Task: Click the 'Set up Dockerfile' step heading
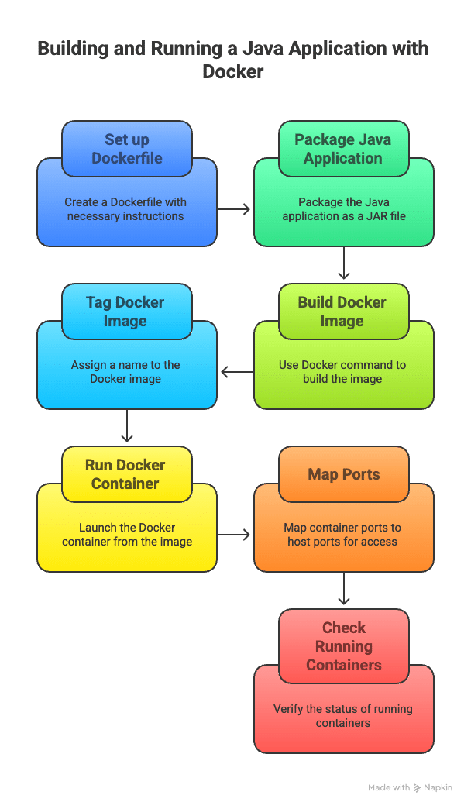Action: pyautogui.click(x=126, y=149)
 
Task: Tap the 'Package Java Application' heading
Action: pyautogui.click(x=343, y=149)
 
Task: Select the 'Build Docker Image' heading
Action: pyautogui.click(x=343, y=312)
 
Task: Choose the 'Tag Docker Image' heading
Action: pyautogui.click(x=126, y=312)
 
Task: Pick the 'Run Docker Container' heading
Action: pyautogui.click(x=126, y=474)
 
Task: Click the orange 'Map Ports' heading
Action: pyautogui.click(x=343, y=474)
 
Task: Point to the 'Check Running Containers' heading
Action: pyautogui.click(x=343, y=646)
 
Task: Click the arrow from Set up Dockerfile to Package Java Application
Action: pyautogui.click(x=235, y=209)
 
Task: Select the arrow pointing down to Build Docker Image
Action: pyautogui.click(x=344, y=263)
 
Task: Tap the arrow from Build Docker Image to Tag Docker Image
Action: pyautogui.click(x=236, y=372)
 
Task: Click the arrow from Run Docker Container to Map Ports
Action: pyautogui.click(x=235, y=535)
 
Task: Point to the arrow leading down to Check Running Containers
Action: pyautogui.click(x=344, y=589)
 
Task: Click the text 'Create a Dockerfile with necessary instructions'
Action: pyautogui.click(x=126, y=209)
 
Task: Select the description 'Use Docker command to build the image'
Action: pyautogui.click(x=343, y=372)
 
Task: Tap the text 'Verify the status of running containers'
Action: pyautogui.click(x=343, y=716)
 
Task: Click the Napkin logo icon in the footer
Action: pyautogui.click(x=418, y=787)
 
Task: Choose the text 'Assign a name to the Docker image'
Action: pyautogui.click(x=126, y=372)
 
